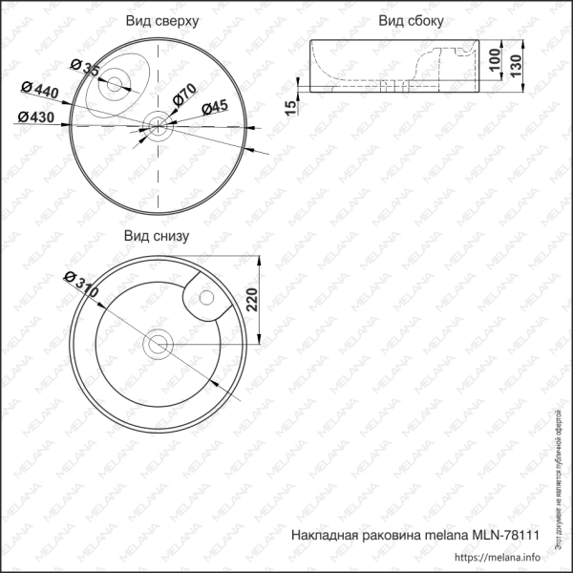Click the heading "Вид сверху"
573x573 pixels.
coord(161,20)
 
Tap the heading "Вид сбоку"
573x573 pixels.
coord(410,20)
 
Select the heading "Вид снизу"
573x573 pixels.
coord(158,235)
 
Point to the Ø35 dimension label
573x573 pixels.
coord(86,68)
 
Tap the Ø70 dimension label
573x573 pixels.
coord(184,95)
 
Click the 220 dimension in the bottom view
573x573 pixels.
coord(251,302)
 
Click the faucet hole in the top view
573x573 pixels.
coord(114,84)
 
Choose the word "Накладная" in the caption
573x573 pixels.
coord(322,537)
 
